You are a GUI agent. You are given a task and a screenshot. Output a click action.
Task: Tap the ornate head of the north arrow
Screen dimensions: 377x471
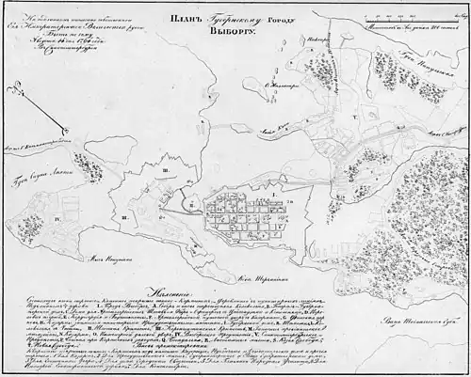[x=9, y=90]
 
